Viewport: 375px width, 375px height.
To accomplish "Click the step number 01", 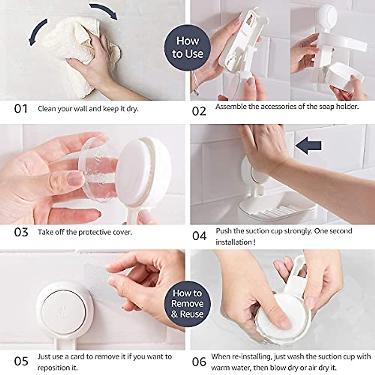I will tap(21, 109).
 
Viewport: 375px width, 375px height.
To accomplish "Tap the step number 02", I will tap(199, 111).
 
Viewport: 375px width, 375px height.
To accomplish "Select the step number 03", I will tap(21, 232).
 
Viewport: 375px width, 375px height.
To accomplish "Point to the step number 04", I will tap(199, 236).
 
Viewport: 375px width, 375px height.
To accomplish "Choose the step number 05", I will tap(21, 361).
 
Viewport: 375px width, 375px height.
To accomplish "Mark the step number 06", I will tap(199, 362).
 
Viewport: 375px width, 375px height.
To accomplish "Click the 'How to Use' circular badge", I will tap(187, 47).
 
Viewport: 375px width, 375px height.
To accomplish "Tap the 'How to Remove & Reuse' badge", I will tap(187, 303).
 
